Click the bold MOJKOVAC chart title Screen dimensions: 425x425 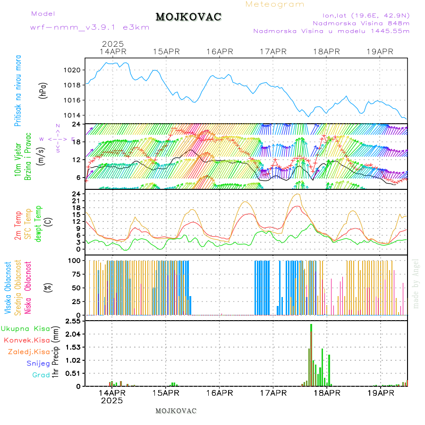point(188,17)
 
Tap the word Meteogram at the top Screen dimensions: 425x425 point(275,4)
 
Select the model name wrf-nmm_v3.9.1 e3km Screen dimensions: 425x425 point(90,27)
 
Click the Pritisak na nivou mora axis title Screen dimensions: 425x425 point(18,91)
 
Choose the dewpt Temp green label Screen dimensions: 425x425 point(39,223)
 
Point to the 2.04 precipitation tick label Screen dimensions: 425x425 point(73,334)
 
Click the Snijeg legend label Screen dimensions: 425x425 point(38,363)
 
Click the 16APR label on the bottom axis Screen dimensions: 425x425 point(220,392)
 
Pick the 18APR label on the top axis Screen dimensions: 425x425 point(326,51)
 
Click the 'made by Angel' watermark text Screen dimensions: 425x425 point(416,283)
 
